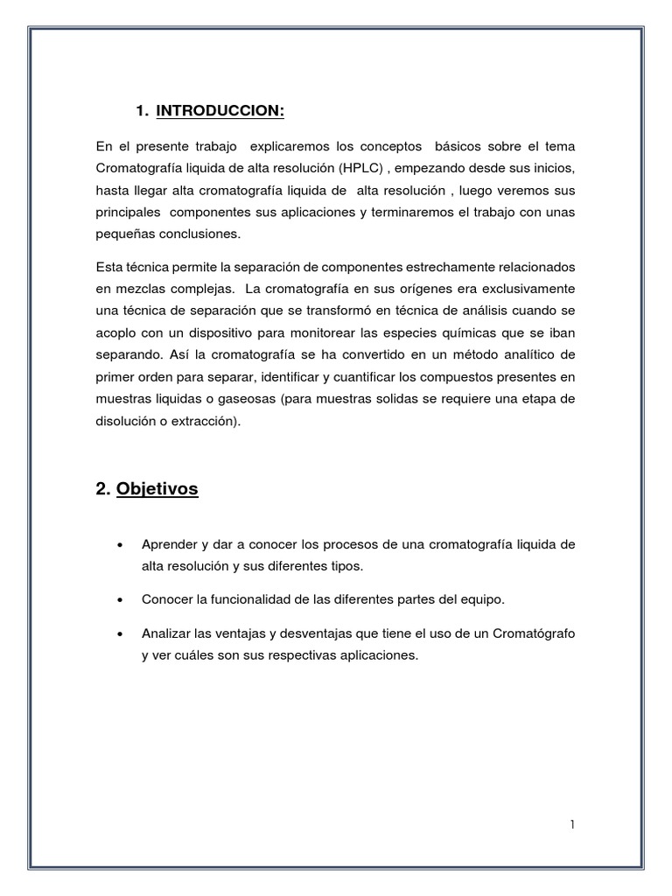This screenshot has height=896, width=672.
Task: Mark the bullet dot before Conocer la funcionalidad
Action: pyautogui.click(x=119, y=600)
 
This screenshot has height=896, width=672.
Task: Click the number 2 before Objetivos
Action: pyautogui.click(x=101, y=489)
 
